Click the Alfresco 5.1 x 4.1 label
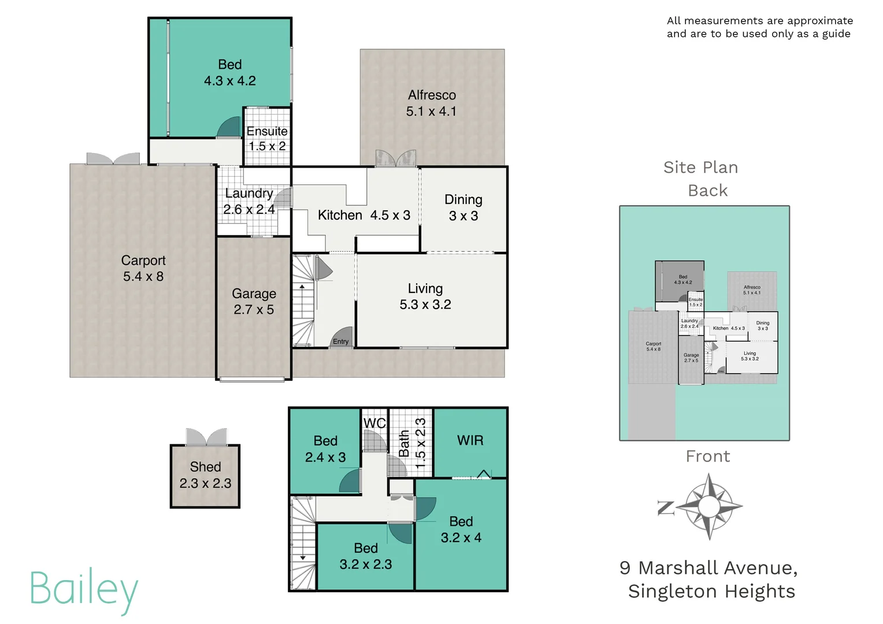pos(431,103)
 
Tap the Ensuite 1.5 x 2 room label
pos(266,139)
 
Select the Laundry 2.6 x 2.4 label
pos(249,201)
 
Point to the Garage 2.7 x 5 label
pos(254,302)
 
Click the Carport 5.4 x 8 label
pos(143,269)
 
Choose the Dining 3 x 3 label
pos(463,207)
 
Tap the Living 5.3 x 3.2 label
pos(425,296)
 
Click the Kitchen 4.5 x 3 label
pos(363,216)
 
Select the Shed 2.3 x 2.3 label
pos(205,475)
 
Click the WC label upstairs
pos(374,424)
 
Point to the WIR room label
pos(470,441)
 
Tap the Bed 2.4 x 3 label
pos(325,449)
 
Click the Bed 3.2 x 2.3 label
pos(366,556)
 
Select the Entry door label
pos(341,341)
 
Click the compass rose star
pos(708,507)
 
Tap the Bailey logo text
pos(84,589)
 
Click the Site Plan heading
pos(700,168)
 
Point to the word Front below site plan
pos(708,456)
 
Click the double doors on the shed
pos(206,437)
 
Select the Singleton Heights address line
pos(711,592)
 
